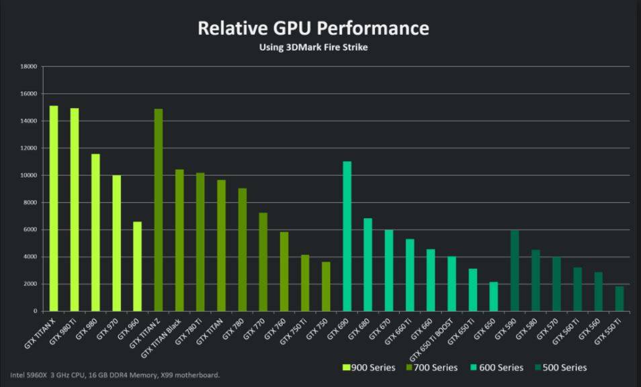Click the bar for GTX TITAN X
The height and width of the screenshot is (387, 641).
coord(54,209)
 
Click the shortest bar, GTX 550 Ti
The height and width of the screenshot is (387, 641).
coord(619,299)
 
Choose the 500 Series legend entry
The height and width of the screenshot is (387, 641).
coord(561,368)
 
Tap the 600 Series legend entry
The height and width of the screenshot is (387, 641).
coord(498,368)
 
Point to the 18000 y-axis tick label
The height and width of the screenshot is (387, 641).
coord(28,66)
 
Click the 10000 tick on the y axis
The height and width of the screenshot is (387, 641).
coord(28,175)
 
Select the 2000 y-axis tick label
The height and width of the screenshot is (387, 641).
coord(30,284)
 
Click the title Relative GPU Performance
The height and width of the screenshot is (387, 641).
coord(313,28)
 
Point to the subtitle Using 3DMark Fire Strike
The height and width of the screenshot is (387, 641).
coord(313,48)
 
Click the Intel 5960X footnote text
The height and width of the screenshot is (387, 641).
coord(114,375)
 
